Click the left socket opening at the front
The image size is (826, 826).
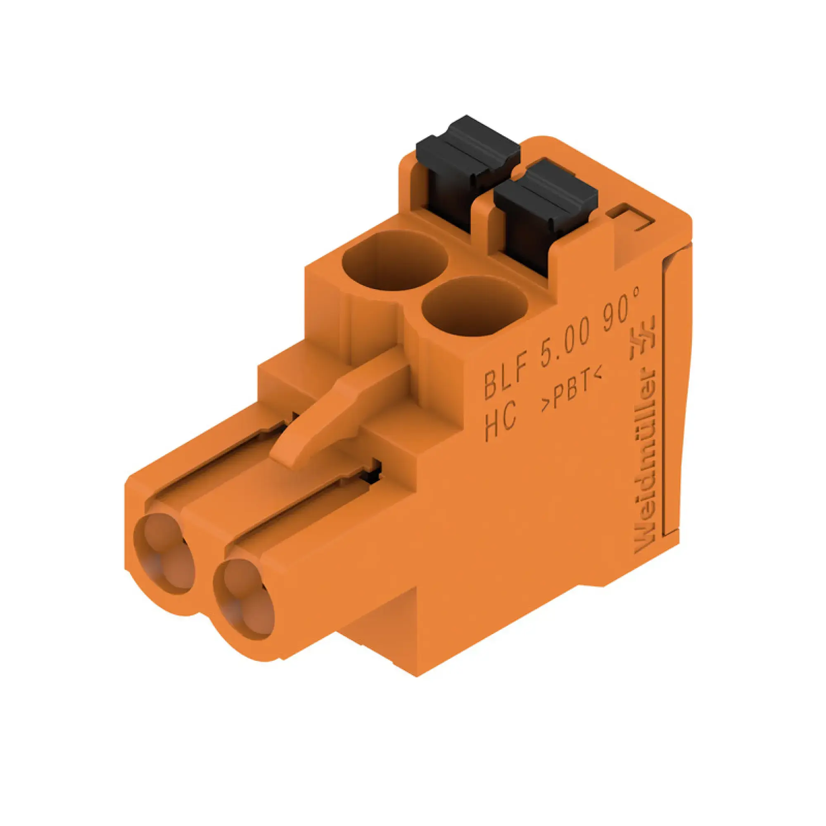point(165,551)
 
